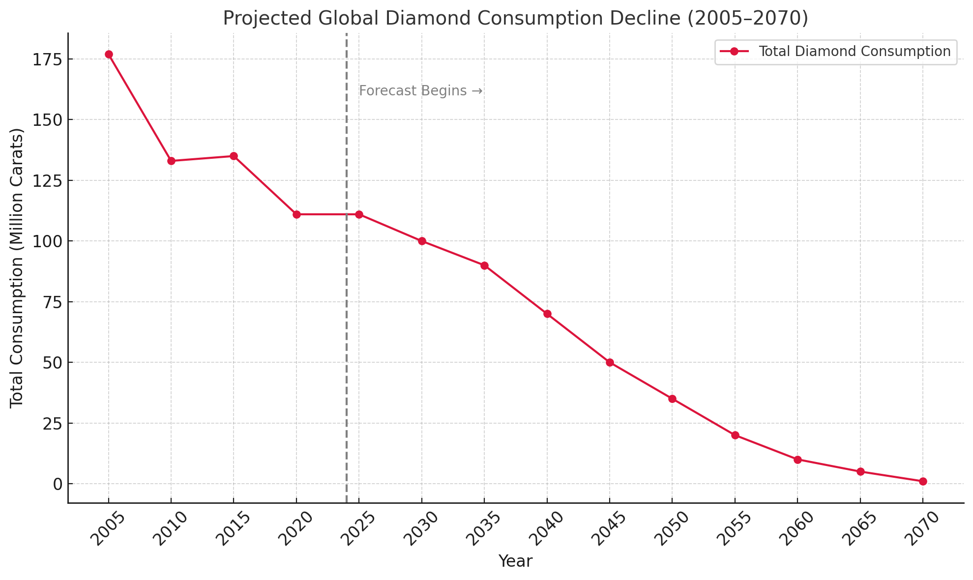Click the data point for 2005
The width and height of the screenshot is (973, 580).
(x=109, y=54)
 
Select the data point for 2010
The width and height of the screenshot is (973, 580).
(x=171, y=161)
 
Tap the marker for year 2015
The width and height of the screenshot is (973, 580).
(x=234, y=156)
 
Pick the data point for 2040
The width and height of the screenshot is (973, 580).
(x=547, y=314)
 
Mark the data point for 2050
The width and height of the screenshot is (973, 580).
(x=672, y=399)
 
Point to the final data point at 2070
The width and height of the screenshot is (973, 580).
(x=923, y=481)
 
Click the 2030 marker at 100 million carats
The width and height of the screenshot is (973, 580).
(x=422, y=241)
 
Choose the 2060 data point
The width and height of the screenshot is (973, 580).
(x=797, y=460)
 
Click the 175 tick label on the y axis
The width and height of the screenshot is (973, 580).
(x=47, y=59)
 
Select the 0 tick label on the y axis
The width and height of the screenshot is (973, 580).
(x=58, y=484)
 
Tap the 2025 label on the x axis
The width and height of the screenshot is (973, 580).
(x=358, y=529)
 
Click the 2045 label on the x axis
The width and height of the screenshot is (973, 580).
(x=609, y=529)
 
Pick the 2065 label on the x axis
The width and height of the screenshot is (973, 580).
(x=859, y=529)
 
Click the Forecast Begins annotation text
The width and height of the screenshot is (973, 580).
(x=420, y=91)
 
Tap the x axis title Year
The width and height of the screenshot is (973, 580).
(x=515, y=561)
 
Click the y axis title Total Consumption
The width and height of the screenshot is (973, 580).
(x=17, y=268)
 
